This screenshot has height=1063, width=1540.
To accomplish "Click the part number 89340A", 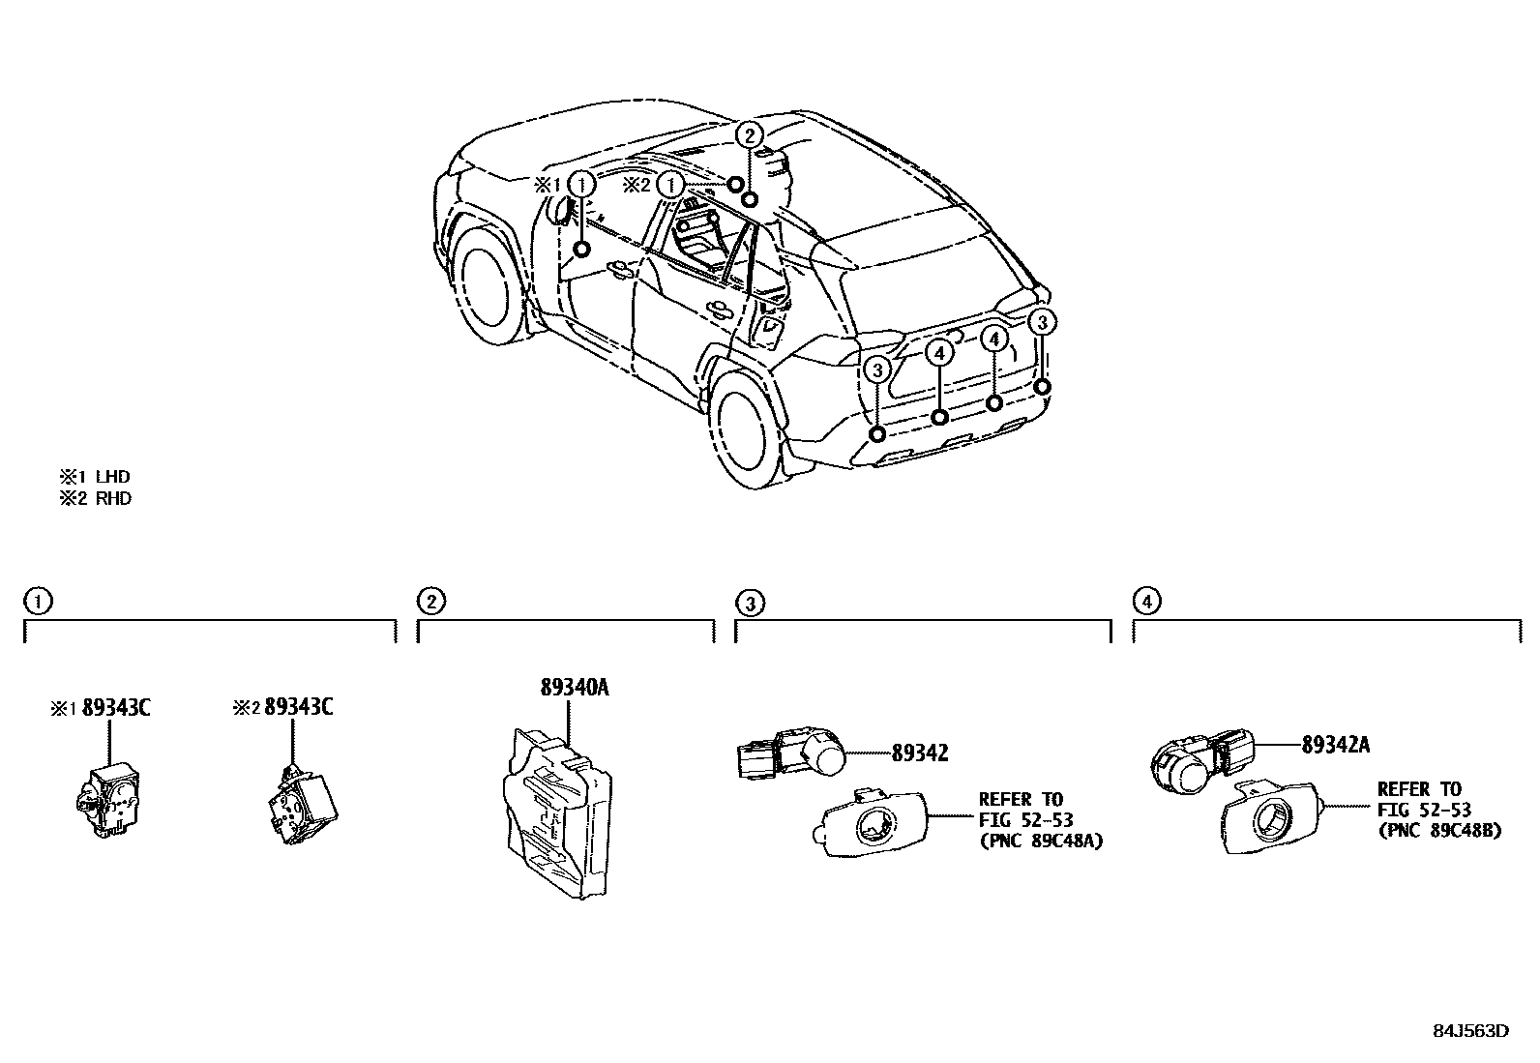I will [574, 689].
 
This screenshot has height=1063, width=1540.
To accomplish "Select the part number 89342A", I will [1335, 745].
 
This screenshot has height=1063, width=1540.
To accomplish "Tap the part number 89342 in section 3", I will [919, 752].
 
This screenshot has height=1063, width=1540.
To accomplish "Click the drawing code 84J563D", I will [1470, 1030].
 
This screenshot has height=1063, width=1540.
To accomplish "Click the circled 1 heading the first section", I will [37, 602].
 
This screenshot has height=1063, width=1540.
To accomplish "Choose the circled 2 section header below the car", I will [430, 602].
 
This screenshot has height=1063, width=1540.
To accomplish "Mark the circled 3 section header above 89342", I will [750, 604].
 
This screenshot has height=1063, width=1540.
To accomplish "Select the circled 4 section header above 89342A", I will [1146, 602].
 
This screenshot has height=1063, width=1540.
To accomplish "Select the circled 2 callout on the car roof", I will [752, 134].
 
